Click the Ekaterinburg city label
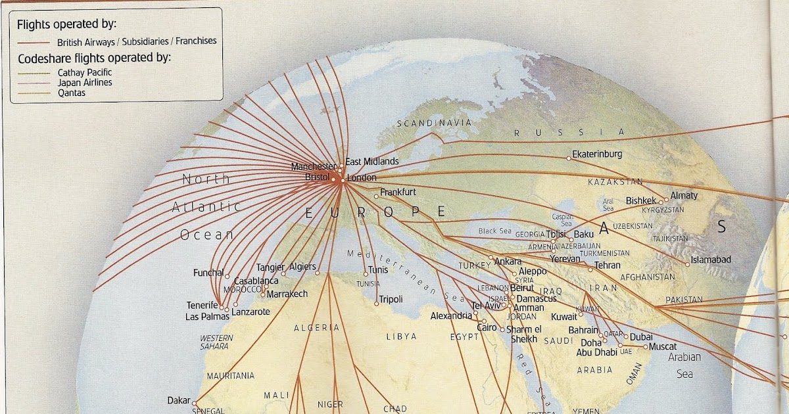coord(597,154)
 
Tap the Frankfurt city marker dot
coord(376,196)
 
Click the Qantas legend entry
coord(72,93)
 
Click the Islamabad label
coord(711,260)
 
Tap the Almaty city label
coord(684,196)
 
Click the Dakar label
coord(178,400)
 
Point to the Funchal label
coord(208,273)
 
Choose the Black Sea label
coord(495,231)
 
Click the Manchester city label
coord(313,167)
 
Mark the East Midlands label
coord(372,162)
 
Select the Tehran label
coord(607,266)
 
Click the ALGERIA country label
coord(316,327)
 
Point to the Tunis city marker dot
coord(366,274)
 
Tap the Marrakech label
coord(287,294)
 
